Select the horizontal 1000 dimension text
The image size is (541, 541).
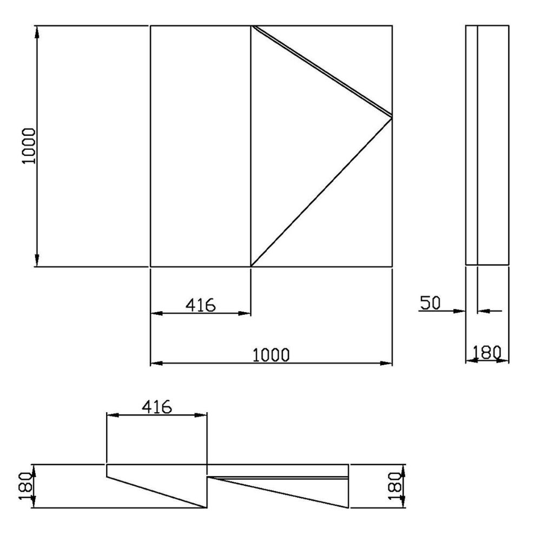tap(272, 355)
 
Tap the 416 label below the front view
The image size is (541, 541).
tap(201, 305)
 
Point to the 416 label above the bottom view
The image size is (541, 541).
tap(157, 406)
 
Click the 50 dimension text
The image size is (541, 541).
tap(431, 304)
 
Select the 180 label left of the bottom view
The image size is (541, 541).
tap(24, 486)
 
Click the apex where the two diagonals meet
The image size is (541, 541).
tap(391, 116)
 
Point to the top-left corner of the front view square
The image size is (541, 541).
tap(150, 25)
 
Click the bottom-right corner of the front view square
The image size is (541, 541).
tap(392, 266)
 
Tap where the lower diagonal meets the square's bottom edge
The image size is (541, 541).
tap(251, 266)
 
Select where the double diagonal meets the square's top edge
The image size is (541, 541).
tap(252, 25)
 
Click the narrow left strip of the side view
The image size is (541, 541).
tap(471, 146)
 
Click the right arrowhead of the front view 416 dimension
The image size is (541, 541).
tap(246, 313)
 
